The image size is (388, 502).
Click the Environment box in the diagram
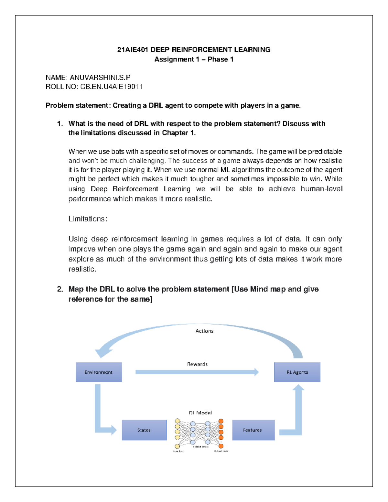[99, 372]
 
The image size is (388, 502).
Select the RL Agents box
[297, 372]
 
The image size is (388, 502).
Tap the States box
[144, 430]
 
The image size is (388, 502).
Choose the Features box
[253, 430]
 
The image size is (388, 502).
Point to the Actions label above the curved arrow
[204, 331]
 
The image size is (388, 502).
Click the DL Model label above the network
[200, 413]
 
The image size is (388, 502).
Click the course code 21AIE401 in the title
[133, 50]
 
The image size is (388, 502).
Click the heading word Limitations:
[88, 219]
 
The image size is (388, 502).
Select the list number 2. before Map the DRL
[60, 289]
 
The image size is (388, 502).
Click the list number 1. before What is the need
[60, 123]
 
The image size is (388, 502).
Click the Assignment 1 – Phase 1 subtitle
[194, 59]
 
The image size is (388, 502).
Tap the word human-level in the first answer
[321, 189]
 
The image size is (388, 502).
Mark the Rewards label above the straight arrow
[197, 364]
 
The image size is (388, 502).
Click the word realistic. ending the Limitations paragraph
[82, 269]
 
